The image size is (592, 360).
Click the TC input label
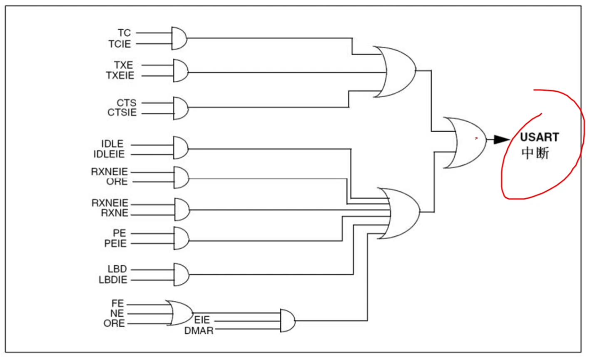click(x=124, y=33)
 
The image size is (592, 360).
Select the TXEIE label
click(x=120, y=76)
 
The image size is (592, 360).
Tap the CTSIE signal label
click(x=122, y=113)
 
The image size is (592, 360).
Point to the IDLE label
click(x=112, y=144)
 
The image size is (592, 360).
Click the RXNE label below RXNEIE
click(x=114, y=214)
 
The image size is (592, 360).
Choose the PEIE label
click(x=115, y=243)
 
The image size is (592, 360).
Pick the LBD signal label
click(x=117, y=269)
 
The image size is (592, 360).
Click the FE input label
click(x=117, y=304)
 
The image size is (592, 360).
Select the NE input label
click(x=117, y=313)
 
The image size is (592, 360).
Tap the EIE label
click(x=202, y=320)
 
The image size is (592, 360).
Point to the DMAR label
click(x=199, y=331)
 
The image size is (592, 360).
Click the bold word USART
click(x=539, y=137)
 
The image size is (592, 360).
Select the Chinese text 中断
click(x=535, y=153)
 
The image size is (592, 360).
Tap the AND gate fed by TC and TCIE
click(x=179, y=38)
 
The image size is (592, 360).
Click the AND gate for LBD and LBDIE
click(x=181, y=274)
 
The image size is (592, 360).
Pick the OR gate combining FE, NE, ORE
click(x=180, y=312)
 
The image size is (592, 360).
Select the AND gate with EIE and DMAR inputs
click(x=287, y=320)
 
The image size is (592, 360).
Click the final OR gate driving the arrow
click(x=465, y=143)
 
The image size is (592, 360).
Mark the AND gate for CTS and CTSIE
click(x=180, y=108)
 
